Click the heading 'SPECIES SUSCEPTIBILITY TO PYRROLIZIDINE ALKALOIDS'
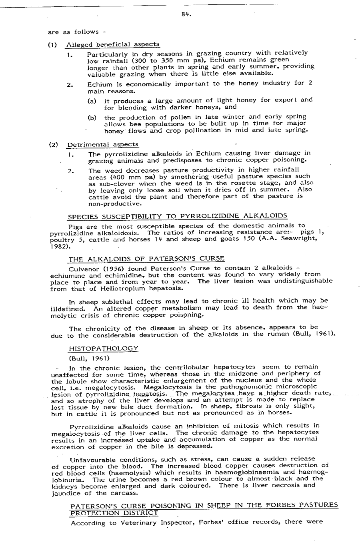[x=177, y=216]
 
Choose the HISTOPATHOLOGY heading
[x=104, y=348]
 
